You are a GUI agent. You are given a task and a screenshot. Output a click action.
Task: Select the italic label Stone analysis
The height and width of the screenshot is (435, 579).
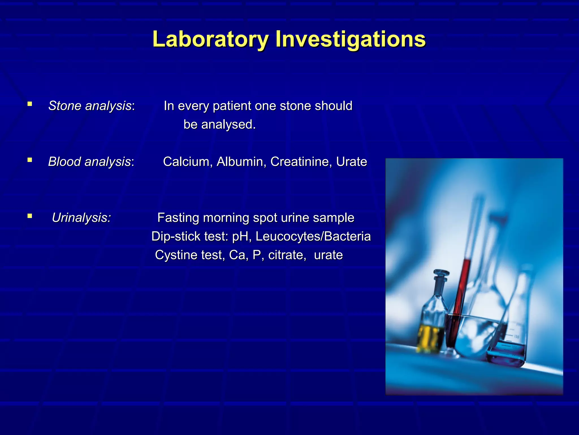coord(90,106)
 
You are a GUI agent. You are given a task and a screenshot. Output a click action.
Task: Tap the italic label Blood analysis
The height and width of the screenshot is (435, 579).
coord(89,162)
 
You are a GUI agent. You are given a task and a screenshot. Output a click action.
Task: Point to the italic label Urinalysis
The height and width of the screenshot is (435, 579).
coord(81,218)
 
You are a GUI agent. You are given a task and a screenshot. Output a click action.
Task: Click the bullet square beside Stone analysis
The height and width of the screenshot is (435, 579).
coord(30,104)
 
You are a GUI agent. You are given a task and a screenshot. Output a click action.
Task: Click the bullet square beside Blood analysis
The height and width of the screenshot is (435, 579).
coord(30,160)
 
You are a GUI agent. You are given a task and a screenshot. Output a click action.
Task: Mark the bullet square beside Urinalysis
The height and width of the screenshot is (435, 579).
coord(30,216)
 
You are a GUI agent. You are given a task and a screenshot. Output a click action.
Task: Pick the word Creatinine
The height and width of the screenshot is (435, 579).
coord(301,162)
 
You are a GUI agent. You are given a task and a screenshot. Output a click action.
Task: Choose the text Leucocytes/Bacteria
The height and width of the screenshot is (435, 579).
coord(313,236)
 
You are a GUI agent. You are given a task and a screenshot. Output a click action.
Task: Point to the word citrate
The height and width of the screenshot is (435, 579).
coord(287,255)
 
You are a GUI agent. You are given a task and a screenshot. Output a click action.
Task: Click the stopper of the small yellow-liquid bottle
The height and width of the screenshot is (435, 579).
coord(441,275)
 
